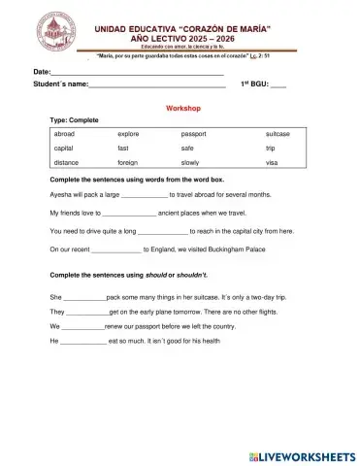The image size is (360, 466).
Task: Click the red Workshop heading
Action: coord(183,109)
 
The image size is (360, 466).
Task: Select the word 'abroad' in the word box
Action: coord(65,133)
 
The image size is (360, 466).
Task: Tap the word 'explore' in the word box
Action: coord(129,133)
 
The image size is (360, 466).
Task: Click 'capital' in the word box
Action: coord(65,148)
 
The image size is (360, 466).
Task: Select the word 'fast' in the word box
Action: coord(123,148)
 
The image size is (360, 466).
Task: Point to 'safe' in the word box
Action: coord(187,148)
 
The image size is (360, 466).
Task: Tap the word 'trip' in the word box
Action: coord(271,148)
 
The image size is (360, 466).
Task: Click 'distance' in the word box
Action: coord(67,162)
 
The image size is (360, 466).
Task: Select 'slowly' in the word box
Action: coord(190,162)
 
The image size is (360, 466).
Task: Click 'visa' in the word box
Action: coord(272,162)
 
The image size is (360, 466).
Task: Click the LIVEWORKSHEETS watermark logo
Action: coord(303,453)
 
